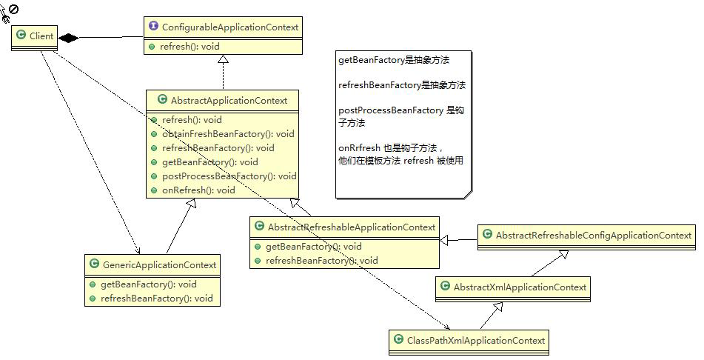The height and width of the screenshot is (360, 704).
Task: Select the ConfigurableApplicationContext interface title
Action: [229, 27]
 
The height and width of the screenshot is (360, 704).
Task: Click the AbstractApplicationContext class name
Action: [229, 100]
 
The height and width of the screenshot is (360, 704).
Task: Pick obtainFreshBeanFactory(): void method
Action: [228, 133]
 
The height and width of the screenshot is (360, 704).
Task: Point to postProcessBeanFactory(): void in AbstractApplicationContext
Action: [229, 176]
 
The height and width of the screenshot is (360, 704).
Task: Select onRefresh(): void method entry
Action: [198, 190]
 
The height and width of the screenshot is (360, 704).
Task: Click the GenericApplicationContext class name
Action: [159, 264]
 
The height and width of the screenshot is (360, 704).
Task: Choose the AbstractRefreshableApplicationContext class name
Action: [351, 227]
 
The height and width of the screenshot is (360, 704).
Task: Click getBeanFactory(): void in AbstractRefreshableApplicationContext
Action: [314, 247]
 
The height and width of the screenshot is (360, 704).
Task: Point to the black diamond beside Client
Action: [69, 38]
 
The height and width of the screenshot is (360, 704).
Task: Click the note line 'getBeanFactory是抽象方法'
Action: [393, 60]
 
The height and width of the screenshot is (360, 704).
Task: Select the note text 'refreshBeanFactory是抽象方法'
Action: [401, 85]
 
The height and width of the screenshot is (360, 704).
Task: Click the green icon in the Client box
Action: [22, 35]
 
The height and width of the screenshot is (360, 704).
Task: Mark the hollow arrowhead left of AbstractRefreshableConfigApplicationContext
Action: [444, 240]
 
